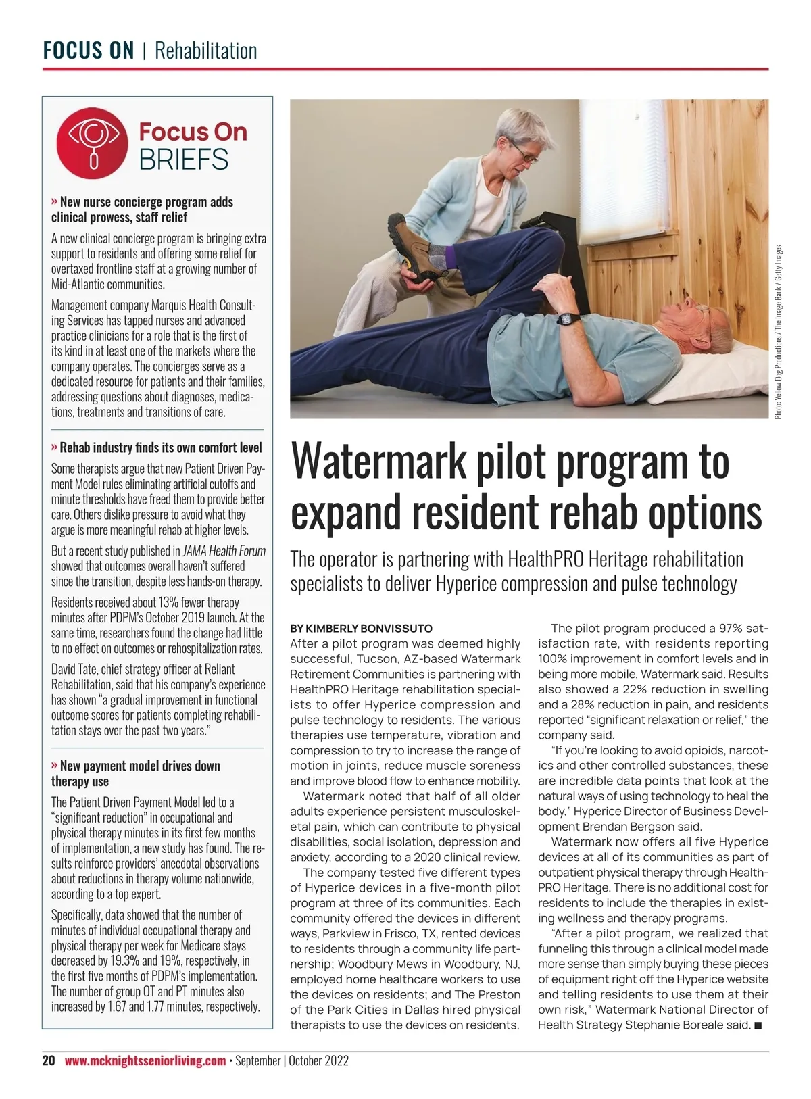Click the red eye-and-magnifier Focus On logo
(92, 143)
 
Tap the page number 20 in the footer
(49, 1060)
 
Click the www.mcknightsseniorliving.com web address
(145, 1060)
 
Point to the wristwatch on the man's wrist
(569, 318)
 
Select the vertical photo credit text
(779, 331)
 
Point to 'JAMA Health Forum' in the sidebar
(224, 551)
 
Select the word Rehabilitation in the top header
(205, 51)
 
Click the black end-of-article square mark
(758, 1025)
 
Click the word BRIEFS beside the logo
(184, 160)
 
